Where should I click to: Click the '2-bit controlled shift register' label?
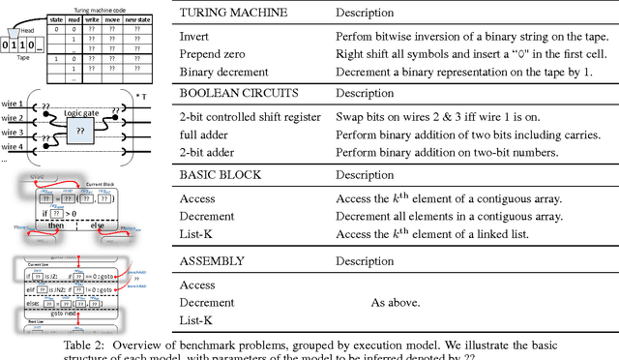tap(251, 118)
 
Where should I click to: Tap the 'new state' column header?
tap(137, 17)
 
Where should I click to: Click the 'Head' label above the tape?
tap(25, 30)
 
